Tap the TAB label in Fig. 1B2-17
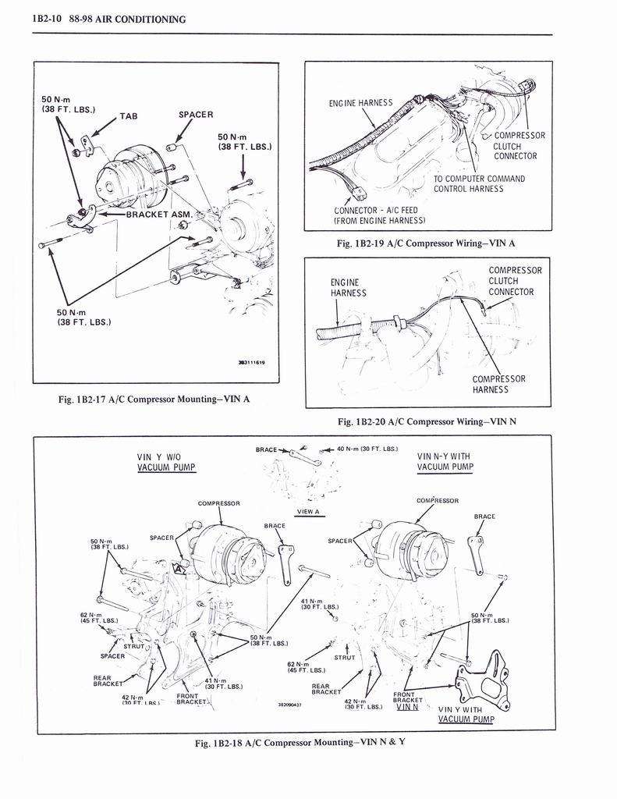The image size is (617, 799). coord(128,116)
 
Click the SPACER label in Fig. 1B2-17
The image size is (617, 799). coord(196,114)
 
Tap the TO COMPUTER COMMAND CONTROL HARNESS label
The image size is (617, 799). coord(479,183)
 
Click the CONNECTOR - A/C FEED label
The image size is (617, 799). coord(377,215)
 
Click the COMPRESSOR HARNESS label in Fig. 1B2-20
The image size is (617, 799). coord(498,384)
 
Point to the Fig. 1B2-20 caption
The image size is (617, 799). coord(427,421)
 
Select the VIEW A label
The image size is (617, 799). coord(309,512)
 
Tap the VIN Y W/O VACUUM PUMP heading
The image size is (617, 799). coord(165,462)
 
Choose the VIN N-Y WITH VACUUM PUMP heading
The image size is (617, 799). coord(445,462)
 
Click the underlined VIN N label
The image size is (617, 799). coord(407,707)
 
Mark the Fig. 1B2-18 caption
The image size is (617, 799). coord(300,741)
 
